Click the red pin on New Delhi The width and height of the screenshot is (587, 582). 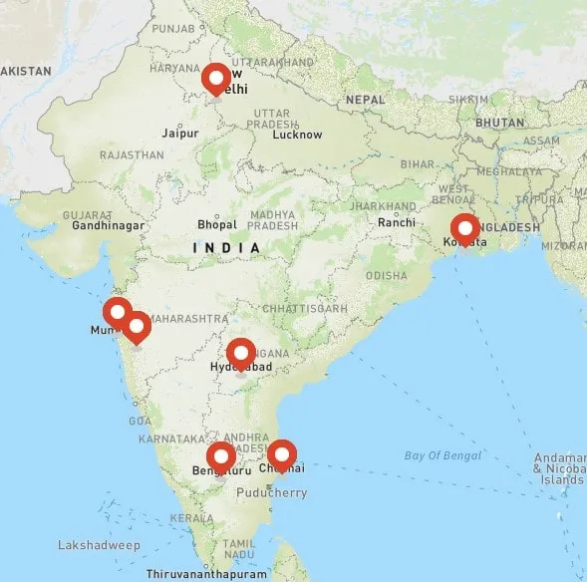[215, 79]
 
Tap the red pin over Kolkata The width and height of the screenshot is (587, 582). [464, 229]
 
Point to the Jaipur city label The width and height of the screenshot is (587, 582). [179, 132]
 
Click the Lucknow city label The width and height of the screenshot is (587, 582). [297, 135]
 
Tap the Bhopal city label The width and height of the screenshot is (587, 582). [217, 224]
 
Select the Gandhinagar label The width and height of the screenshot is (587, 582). [109, 225]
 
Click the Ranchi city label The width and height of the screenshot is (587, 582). [396, 222]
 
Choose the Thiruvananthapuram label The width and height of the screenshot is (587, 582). [206, 574]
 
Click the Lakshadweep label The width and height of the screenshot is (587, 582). [99, 545]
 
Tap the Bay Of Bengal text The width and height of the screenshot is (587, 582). [436, 455]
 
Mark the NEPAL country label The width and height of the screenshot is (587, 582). [365, 100]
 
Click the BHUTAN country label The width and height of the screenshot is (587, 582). [500, 122]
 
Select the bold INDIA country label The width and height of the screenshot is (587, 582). [227, 247]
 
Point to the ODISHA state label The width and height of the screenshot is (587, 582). [387, 275]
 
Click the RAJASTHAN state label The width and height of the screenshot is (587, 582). [132, 155]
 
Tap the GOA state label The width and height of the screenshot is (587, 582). [141, 421]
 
